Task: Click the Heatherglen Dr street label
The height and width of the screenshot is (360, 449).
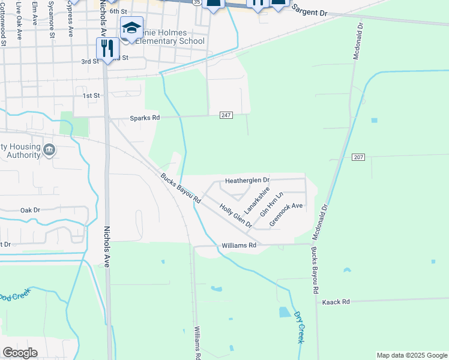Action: pyautogui.click(x=247, y=181)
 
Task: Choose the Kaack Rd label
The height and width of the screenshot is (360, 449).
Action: pyautogui.click(x=336, y=302)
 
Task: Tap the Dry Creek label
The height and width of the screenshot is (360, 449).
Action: pyautogui.click(x=300, y=326)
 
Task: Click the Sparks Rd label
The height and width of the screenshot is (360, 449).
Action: pyautogui.click(x=145, y=118)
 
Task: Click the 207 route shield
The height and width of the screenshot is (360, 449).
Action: pyautogui.click(x=358, y=156)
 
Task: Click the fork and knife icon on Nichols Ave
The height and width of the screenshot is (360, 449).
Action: pyautogui.click(x=107, y=48)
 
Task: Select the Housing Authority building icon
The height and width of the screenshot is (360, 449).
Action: pyautogui.click(x=49, y=149)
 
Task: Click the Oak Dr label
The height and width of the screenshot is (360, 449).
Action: pyautogui.click(x=29, y=211)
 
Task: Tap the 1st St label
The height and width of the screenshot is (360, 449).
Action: pyautogui.click(x=91, y=96)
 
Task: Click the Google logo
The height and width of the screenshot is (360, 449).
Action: pyautogui.click(x=20, y=353)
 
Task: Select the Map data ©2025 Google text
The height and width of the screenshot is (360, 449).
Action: pyautogui.click(x=411, y=355)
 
